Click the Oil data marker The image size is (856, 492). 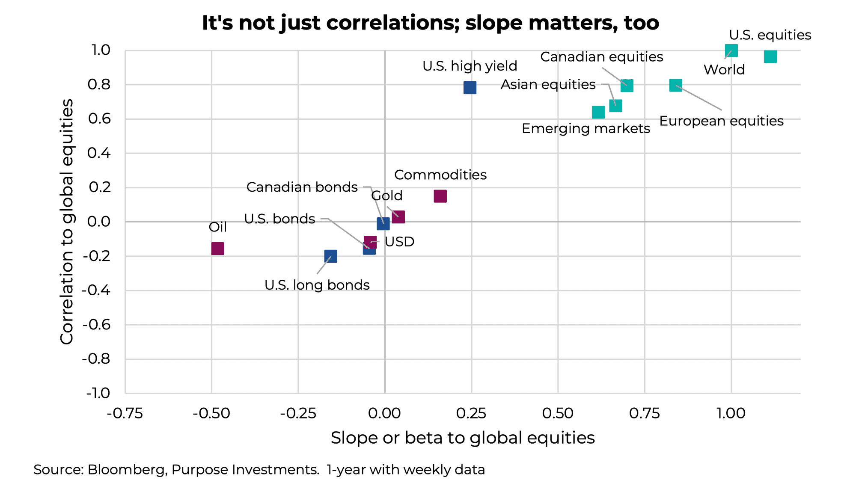(x=217, y=249)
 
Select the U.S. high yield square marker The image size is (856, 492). (x=470, y=88)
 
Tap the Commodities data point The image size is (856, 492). (x=440, y=196)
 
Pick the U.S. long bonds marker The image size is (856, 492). (x=330, y=256)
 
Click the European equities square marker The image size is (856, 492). (x=675, y=85)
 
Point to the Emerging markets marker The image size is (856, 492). (x=598, y=112)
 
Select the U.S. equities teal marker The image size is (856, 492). (x=770, y=56)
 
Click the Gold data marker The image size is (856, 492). (x=398, y=217)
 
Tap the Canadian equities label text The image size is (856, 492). (x=601, y=57)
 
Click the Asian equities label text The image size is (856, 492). (x=548, y=85)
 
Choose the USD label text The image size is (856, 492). (x=399, y=242)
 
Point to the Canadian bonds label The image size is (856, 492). (x=302, y=187)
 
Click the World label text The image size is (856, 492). (x=724, y=70)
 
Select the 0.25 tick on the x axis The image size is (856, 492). (x=471, y=413)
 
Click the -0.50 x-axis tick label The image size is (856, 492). (x=211, y=413)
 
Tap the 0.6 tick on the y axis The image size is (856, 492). (x=99, y=119)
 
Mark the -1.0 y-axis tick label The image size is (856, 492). (x=98, y=393)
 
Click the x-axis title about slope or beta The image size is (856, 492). (x=462, y=438)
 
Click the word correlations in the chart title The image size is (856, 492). (x=392, y=23)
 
